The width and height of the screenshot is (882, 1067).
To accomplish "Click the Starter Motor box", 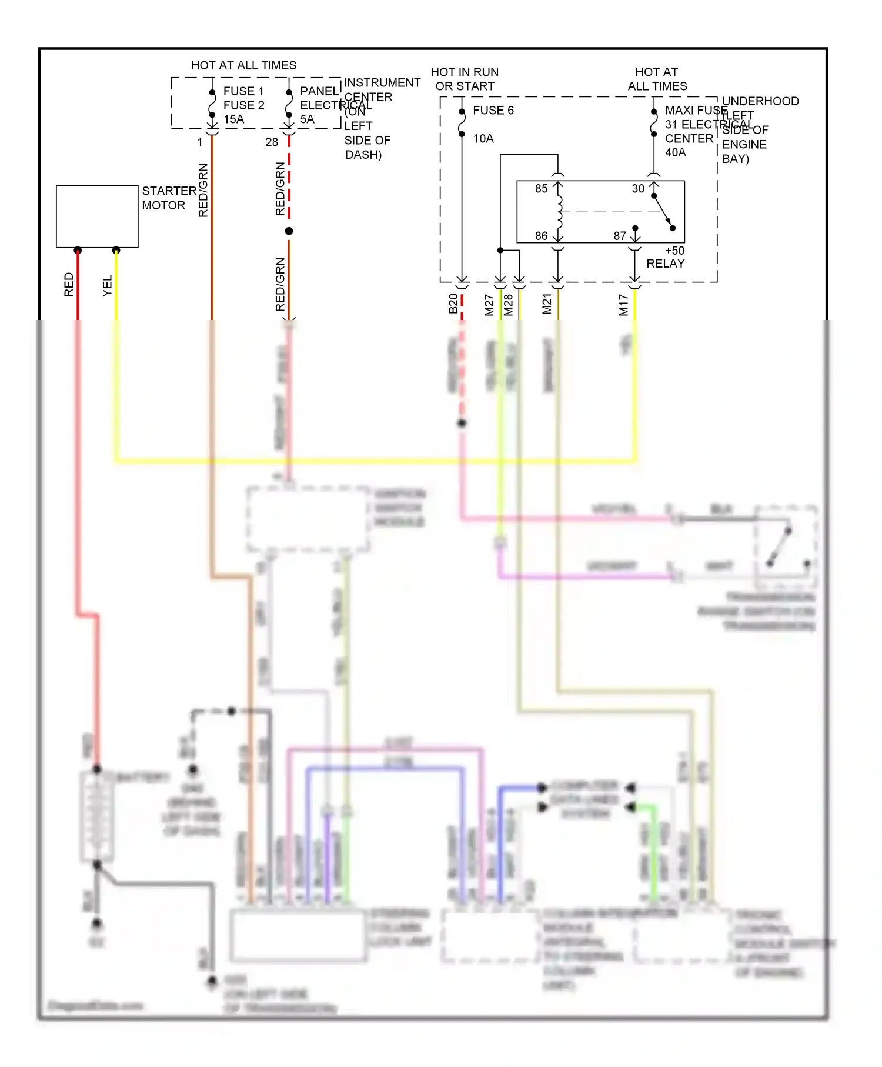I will tap(97, 216).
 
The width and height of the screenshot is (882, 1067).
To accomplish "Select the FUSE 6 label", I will tap(493, 111).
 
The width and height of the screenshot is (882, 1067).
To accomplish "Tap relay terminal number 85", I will tap(541, 189).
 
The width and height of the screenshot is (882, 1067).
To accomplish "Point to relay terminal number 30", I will tap(638, 189).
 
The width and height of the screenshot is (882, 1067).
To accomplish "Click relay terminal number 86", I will tap(541, 236).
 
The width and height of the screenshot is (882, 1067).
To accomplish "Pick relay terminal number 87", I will tap(620, 236).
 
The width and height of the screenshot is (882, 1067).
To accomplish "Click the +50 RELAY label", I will tap(666, 257).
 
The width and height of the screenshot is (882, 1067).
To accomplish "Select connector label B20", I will tap(453, 304).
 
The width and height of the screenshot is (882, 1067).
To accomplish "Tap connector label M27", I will tap(489, 305).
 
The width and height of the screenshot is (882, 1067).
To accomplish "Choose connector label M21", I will tap(547, 304).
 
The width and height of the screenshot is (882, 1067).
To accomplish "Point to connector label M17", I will tap(623, 305).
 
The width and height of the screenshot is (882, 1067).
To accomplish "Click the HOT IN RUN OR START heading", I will tap(465, 79).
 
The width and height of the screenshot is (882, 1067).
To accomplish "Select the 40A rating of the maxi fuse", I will tap(675, 153).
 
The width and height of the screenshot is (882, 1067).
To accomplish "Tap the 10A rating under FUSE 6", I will tap(483, 139).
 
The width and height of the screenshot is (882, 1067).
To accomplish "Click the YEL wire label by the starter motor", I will tap(107, 286).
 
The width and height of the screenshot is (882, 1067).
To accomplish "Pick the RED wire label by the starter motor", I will tap(69, 285).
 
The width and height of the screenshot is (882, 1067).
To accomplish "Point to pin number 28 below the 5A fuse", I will tap(271, 142).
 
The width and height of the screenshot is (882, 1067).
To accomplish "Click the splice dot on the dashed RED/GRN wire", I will tap(289, 231).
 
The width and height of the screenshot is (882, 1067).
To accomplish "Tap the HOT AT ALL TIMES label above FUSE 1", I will tap(243, 65).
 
